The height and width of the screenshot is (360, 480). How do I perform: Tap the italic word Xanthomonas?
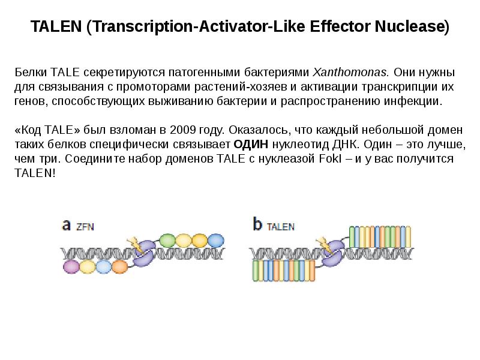(352, 73)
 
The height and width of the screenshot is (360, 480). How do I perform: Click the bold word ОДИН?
(251, 145)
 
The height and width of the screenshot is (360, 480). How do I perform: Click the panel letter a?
(67, 225)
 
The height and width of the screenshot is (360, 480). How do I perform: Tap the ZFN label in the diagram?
(85, 227)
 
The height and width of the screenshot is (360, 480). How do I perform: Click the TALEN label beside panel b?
(280, 227)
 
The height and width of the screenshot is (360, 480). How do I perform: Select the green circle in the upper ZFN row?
(167, 241)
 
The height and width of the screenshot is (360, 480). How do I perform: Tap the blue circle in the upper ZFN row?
(215, 241)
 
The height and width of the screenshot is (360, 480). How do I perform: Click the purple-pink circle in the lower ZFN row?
(71, 266)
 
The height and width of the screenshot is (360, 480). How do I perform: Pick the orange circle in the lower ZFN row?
(119, 266)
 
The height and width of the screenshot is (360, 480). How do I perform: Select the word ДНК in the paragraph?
(346, 145)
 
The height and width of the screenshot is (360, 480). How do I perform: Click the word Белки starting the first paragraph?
(30, 73)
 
